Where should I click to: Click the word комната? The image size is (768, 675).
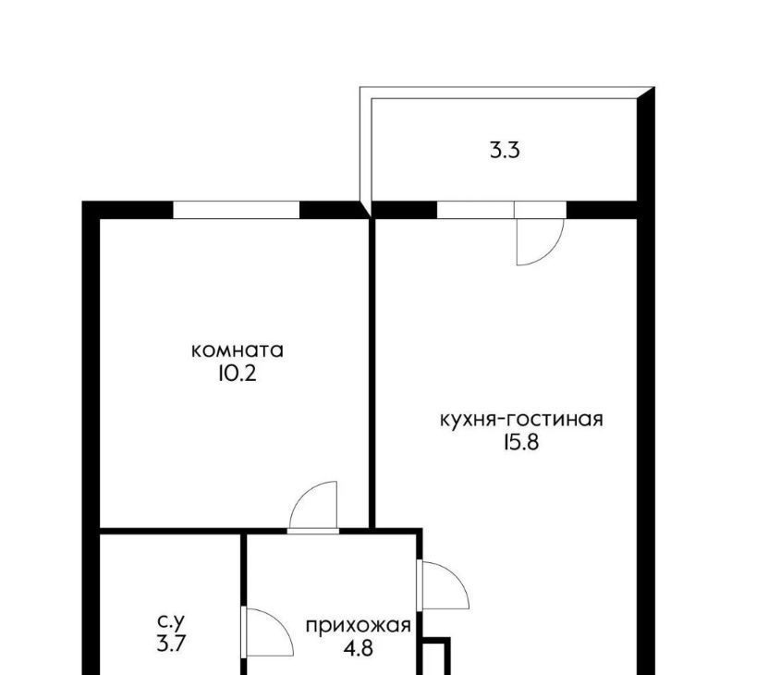coord(238,351)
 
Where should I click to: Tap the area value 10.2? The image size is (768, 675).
coord(238,374)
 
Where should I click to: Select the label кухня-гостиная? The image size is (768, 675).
coord(521,420)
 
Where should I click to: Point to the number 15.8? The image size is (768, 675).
coord(520,443)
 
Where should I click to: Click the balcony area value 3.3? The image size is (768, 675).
coord(505,150)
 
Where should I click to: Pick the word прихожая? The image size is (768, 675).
coord(358,627)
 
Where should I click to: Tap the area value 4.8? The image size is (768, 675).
coord(358,649)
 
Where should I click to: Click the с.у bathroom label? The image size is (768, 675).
coord(171,621)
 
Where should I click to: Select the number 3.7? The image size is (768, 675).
coord(171,644)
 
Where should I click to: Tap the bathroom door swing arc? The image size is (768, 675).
coord(280,621)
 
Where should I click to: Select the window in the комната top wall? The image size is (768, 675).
coord(236,210)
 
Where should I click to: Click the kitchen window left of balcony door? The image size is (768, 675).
coord(475,210)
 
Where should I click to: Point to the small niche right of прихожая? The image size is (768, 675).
coord(436,656)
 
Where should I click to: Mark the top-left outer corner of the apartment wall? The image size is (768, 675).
coord(82,202)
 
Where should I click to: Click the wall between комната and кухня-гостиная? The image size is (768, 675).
coord(372,374)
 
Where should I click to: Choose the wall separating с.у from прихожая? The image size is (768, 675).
coord(243,604)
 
